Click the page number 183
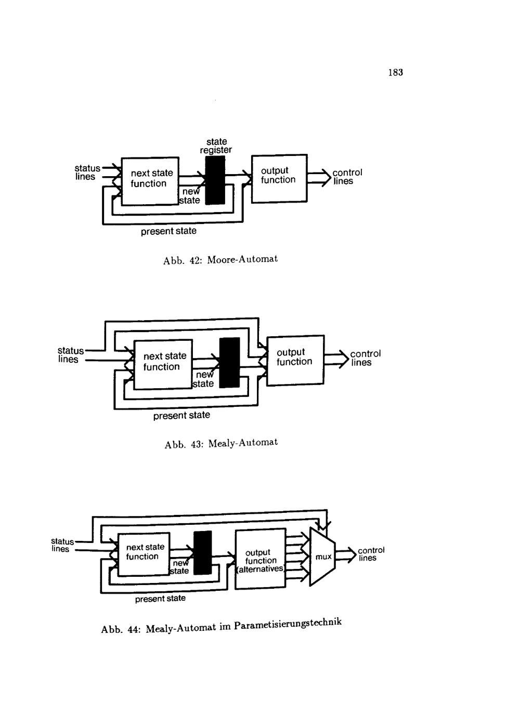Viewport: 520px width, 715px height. click(395, 73)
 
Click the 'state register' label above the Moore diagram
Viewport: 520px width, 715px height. click(216, 146)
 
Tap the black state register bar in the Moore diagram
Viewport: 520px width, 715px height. click(215, 180)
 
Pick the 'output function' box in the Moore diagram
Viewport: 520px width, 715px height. click(279, 178)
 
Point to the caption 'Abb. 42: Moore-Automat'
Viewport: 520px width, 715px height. click(220, 259)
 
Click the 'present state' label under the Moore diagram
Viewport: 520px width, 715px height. click(168, 231)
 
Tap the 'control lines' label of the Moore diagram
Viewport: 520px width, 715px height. click(347, 177)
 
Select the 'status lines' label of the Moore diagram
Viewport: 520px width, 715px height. click(87, 173)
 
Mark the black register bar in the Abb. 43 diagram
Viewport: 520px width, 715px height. click(229, 363)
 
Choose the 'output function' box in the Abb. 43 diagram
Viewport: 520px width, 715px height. click(295, 360)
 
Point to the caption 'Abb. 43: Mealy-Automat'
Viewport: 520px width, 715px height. click(221, 443)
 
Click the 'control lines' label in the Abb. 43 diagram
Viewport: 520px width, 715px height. click(365, 358)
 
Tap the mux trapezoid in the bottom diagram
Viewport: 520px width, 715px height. click(322, 557)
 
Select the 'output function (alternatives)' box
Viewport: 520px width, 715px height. click(261, 559)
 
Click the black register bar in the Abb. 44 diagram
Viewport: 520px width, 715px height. click(202, 552)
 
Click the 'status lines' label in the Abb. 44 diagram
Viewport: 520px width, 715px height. click(62, 545)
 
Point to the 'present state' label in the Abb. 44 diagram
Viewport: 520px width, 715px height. click(160, 599)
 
